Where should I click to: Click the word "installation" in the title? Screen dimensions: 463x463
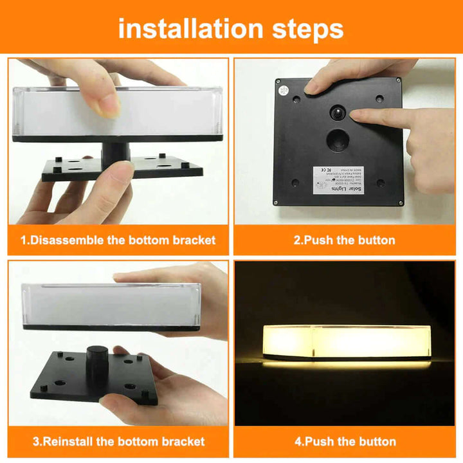click(190, 29)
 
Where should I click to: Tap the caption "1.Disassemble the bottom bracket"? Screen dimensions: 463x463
click(118, 241)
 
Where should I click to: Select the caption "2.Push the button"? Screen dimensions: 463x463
click(344, 241)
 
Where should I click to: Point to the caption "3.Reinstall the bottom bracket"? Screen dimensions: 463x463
click(118, 442)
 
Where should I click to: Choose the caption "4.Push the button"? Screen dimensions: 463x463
click(344, 442)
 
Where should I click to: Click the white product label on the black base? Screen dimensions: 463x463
click(341, 181)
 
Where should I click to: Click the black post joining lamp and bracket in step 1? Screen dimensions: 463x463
click(115, 152)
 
